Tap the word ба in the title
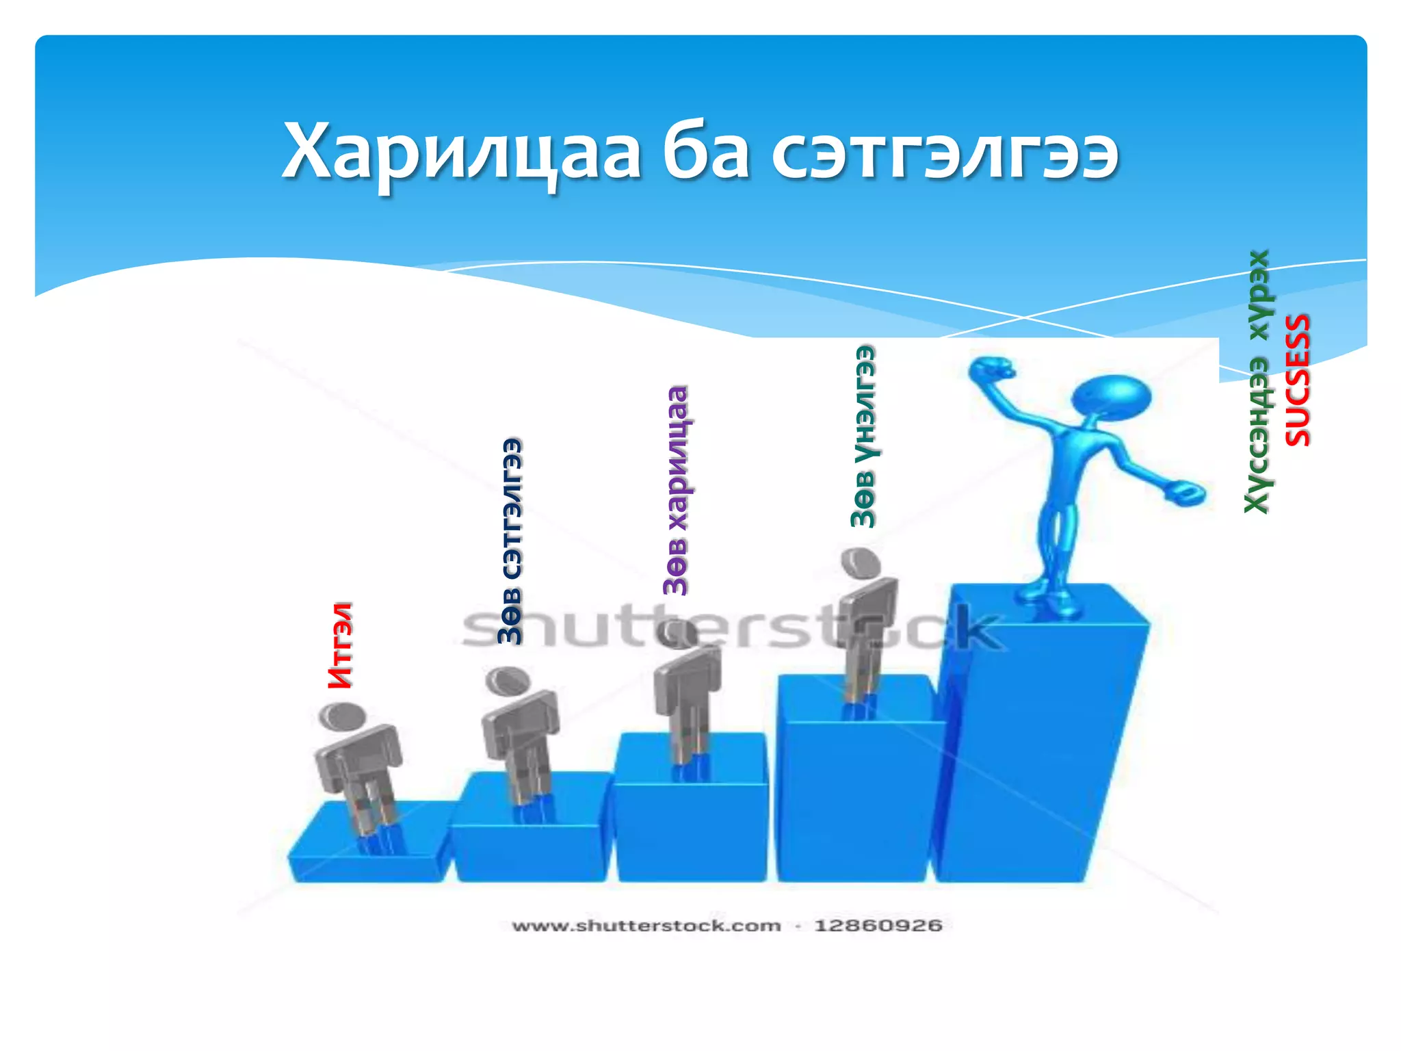coord(705,152)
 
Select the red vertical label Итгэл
coord(341,645)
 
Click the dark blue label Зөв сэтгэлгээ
coord(510,541)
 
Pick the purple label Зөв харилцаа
coord(676,490)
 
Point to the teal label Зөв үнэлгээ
coord(863,436)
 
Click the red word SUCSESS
coord(1298,380)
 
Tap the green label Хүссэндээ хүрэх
coord(1257,381)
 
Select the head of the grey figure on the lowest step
coord(342,716)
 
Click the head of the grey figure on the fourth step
coord(861,562)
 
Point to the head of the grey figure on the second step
coord(508,681)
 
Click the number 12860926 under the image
coord(878,926)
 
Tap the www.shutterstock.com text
coord(646,926)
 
